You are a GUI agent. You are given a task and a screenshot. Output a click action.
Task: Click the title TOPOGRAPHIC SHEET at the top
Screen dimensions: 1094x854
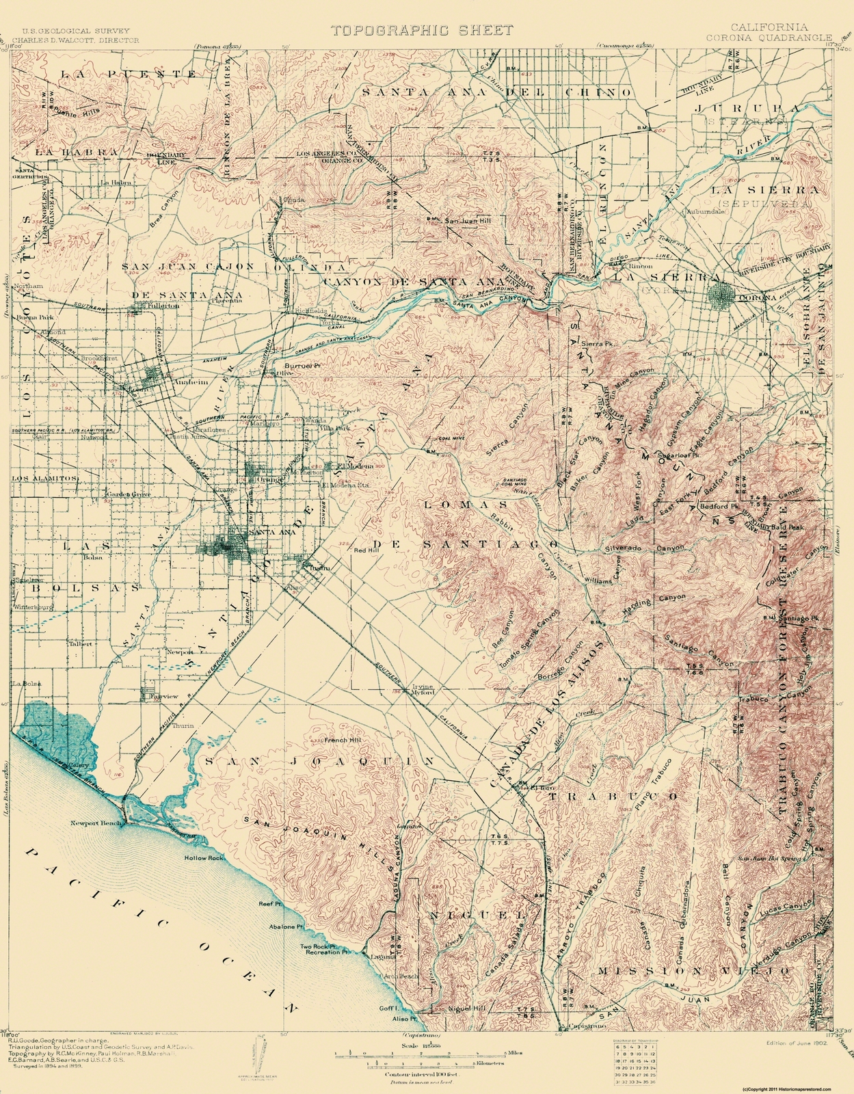pyautogui.click(x=422, y=29)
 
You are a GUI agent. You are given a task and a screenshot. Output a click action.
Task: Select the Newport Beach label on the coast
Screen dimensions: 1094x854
pyautogui.click(x=96, y=823)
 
